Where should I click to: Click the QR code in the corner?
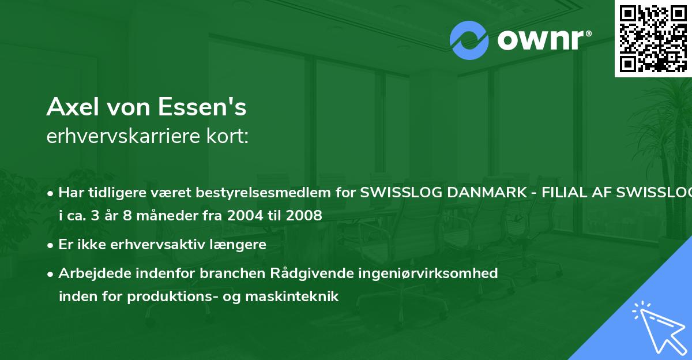653,38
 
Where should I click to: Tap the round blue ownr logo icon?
469,40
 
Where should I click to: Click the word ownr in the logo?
543,40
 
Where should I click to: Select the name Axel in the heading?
70,107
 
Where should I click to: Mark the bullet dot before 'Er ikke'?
51,245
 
